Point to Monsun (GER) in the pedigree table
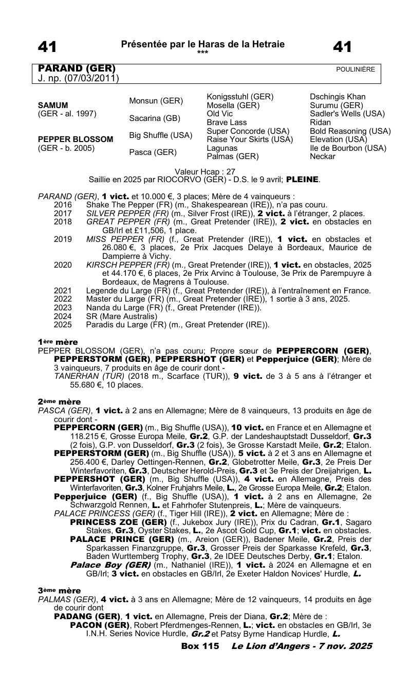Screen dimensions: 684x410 pos(153,101)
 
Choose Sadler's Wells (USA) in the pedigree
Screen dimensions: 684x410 pos(347,114)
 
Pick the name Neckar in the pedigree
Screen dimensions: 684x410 pos(323,156)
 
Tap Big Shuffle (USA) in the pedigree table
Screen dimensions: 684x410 pos(161,135)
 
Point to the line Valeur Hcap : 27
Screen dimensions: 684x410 pos(205,172)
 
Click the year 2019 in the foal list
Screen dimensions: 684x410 pos(62,239)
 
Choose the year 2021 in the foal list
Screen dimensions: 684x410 pos(62,291)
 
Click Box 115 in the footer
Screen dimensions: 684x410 pos(200,645)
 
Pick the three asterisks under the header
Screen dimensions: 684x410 pos(203,52)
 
